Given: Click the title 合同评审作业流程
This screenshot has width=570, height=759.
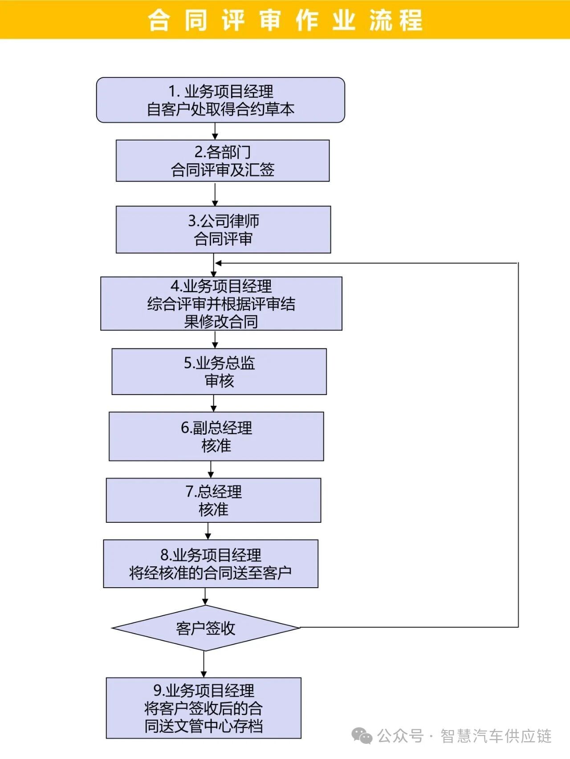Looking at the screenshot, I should click(285, 20).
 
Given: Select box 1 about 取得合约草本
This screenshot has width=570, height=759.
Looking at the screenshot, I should click(220, 100).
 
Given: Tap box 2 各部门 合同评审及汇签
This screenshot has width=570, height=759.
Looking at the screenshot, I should click(223, 161).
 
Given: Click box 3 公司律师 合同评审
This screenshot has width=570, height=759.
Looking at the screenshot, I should click(223, 230).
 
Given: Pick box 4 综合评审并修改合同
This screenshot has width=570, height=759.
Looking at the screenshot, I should click(221, 303).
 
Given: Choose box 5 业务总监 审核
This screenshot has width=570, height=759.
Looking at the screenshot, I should click(219, 371).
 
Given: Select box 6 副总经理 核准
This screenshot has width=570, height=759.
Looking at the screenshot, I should click(216, 436).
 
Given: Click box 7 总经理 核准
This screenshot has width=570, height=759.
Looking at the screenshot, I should click(213, 500).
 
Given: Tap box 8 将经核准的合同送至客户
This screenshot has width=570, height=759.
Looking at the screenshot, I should click(211, 564).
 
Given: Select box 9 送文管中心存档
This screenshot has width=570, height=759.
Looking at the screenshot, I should click(204, 708).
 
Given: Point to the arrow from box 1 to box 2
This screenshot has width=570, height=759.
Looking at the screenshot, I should click(215, 132).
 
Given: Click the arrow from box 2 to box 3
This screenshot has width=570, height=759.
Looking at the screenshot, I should click(215, 194).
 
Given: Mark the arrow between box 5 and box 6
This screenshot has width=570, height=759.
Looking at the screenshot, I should click(213, 404).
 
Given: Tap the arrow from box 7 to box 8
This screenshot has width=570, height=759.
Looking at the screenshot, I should click(208, 531).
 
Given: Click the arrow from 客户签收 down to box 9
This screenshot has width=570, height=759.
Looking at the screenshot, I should click(204, 665).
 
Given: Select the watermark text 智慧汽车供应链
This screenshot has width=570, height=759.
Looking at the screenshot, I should click(496, 736).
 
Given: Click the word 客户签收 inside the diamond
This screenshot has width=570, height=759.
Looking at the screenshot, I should click(205, 628).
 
